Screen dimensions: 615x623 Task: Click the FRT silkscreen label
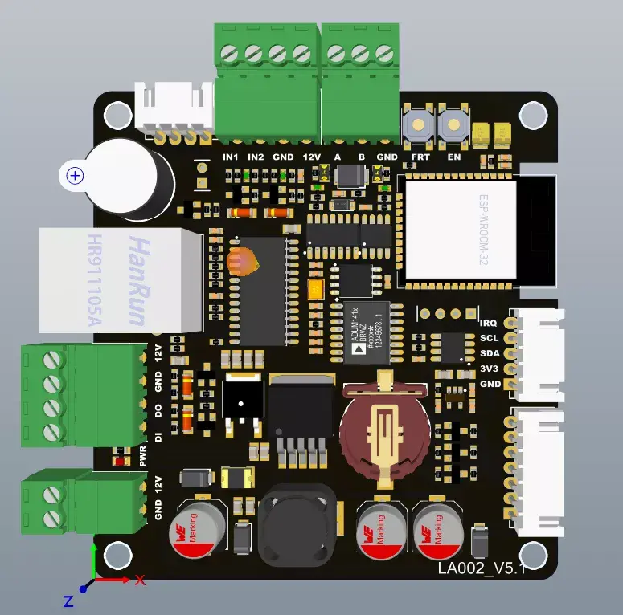[x=420, y=157]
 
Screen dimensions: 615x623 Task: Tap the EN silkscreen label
[x=454, y=157]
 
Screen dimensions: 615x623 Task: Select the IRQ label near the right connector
[x=489, y=324]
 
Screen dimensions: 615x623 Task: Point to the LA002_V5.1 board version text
[x=481, y=568]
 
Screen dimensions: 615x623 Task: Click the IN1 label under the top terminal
[x=231, y=157]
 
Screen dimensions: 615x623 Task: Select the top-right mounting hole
[x=531, y=115]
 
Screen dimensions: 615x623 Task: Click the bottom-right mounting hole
[x=530, y=553]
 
